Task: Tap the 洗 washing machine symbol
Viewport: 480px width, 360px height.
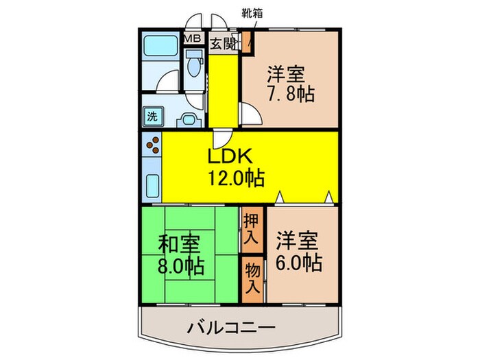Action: [x=152, y=115]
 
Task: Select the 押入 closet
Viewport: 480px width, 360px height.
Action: [x=252, y=229]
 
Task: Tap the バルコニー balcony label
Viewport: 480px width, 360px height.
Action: [x=231, y=328]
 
